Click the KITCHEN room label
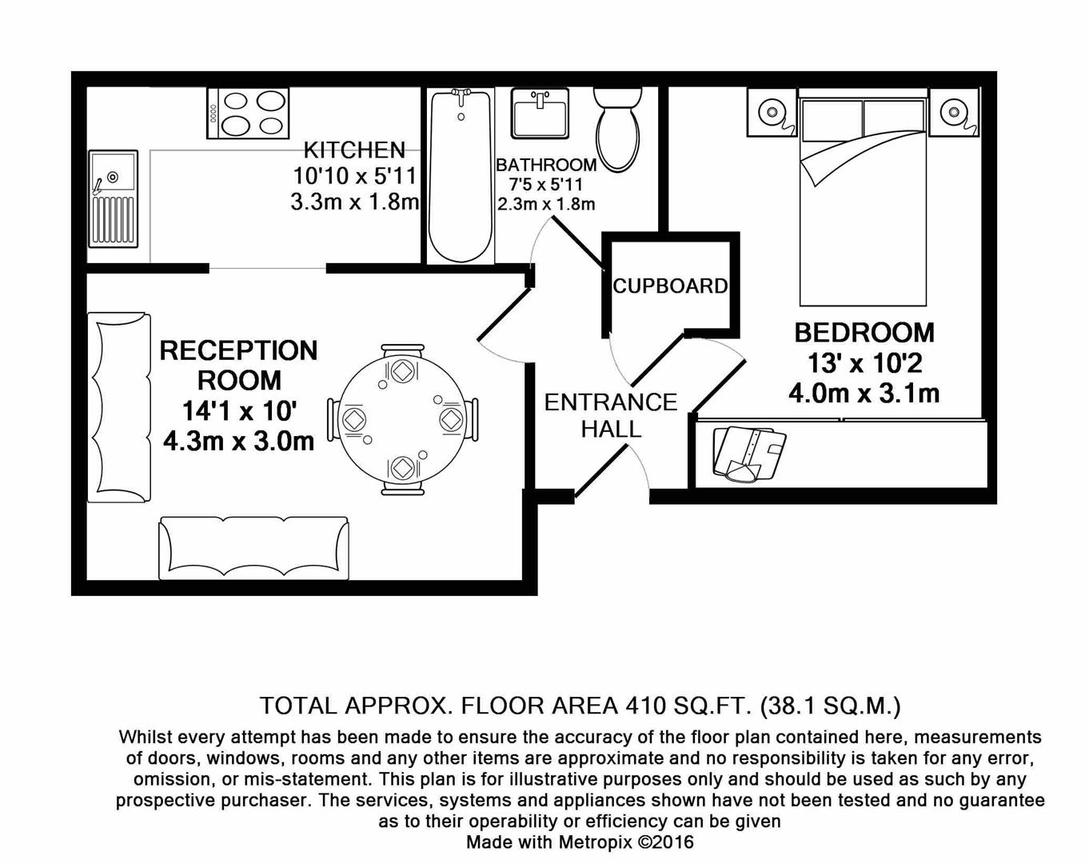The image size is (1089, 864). pos(354,150)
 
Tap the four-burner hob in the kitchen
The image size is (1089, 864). pos(249,113)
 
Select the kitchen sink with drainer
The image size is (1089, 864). pos(112,198)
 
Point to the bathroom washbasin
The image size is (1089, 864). pos(540,113)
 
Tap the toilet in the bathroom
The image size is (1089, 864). pos(617,128)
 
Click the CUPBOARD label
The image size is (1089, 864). pos(670,286)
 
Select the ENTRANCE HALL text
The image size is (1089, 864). pos(611,415)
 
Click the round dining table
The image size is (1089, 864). pos(402,418)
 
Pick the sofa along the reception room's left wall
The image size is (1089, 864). pos(119,408)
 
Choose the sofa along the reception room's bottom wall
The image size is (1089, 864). pos(253,547)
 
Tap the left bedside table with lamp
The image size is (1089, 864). pos(772,113)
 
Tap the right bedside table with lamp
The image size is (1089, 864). pos(954,113)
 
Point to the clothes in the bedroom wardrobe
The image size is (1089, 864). pos(748,454)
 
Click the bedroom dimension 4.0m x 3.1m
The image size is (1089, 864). pos(864,394)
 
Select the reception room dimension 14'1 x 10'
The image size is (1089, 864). pos(239,411)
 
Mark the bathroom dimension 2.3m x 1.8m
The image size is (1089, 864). pos(546,204)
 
